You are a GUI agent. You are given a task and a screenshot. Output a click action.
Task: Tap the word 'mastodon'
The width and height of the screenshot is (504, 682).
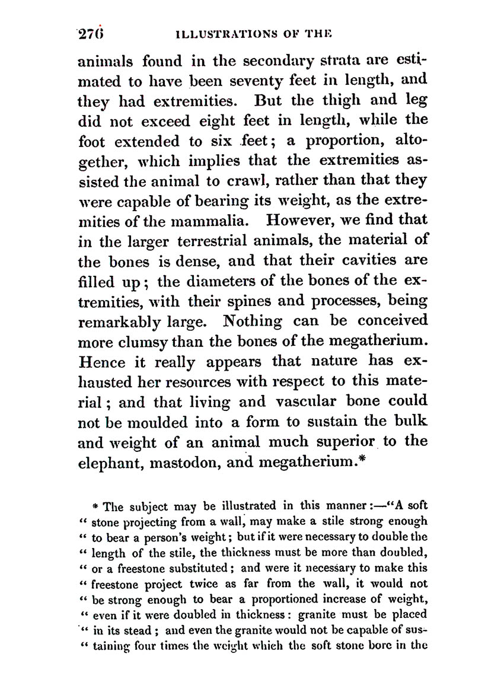click(x=189, y=463)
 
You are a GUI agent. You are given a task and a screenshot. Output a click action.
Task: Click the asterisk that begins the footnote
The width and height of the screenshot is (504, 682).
click(x=95, y=507)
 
